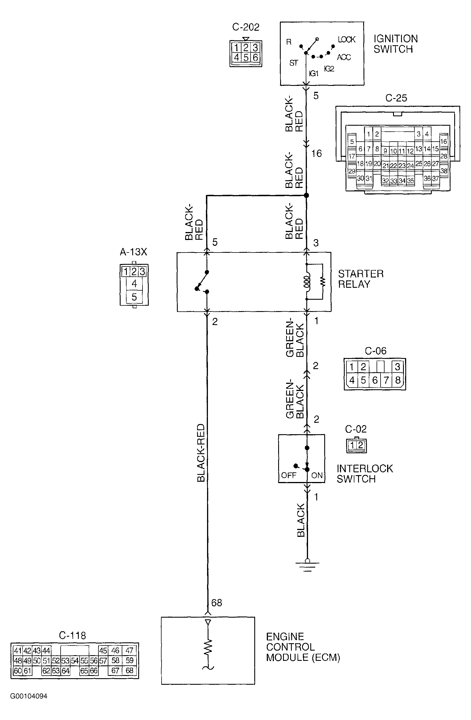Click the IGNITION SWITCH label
(x=395, y=44)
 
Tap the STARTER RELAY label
(x=361, y=279)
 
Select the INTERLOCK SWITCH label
(x=365, y=474)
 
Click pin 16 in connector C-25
(x=443, y=141)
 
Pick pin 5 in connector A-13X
(x=134, y=297)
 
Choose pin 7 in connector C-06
(x=386, y=380)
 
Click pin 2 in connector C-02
(x=360, y=445)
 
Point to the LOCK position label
(x=347, y=39)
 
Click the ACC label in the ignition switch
(x=344, y=57)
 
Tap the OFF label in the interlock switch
(x=289, y=475)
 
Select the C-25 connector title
(x=396, y=98)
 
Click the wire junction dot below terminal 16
(x=306, y=195)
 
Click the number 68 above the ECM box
(x=217, y=603)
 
